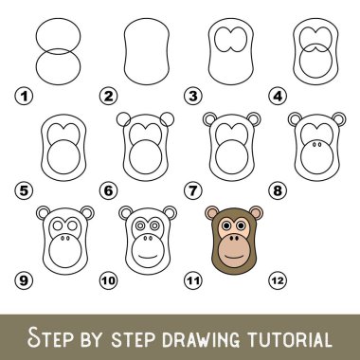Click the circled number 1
[x=24, y=96]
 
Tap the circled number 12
[x=278, y=280]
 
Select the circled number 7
[x=193, y=190]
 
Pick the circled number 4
[x=278, y=96]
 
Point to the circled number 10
[x=109, y=280]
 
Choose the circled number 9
[x=24, y=280]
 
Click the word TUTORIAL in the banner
[x=289, y=339]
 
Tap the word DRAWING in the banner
[x=201, y=339]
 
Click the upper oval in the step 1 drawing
[x=58, y=18]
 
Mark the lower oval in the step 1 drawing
[x=58, y=84]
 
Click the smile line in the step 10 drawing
[x=148, y=256]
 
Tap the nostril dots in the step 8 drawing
[x=316, y=144]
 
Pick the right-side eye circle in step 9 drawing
[x=72, y=225]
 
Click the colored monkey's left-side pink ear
[x=211, y=213]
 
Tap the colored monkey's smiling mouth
[x=234, y=255]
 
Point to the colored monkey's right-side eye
[x=241, y=225]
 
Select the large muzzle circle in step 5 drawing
[x=63, y=157]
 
